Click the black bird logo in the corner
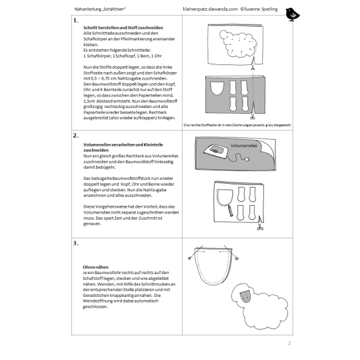(292, 15)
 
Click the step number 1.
(76, 21)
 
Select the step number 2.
(76, 136)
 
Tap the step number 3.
(76, 243)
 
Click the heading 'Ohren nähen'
(95, 267)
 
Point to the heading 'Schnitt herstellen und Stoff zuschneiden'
(123, 28)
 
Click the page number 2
(289, 343)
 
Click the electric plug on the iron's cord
(247, 159)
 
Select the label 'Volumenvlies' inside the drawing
(244, 145)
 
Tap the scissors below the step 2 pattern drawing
(260, 227)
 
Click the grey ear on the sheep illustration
(246, 296)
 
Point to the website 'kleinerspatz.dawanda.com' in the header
(210, 9)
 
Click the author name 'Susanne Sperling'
(261, 9)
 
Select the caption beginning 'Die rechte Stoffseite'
(237, 125)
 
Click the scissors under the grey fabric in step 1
(253, 117)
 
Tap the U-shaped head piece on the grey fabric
(217, 88)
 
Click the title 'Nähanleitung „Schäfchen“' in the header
(100, 9)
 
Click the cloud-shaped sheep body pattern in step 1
(238, 44)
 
